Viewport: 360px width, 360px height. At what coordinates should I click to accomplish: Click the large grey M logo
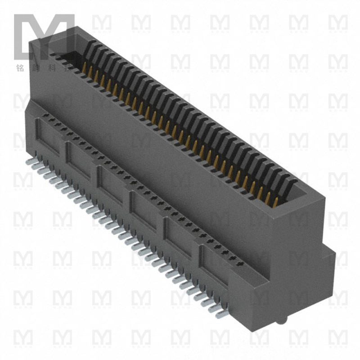[x=44, y=36]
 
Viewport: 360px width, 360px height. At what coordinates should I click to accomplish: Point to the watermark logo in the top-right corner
[x=337, y=22]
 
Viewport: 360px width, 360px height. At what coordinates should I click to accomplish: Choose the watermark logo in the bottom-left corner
[x=22, y=337]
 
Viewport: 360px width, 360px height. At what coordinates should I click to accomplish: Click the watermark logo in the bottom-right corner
[x=337, y=337]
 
